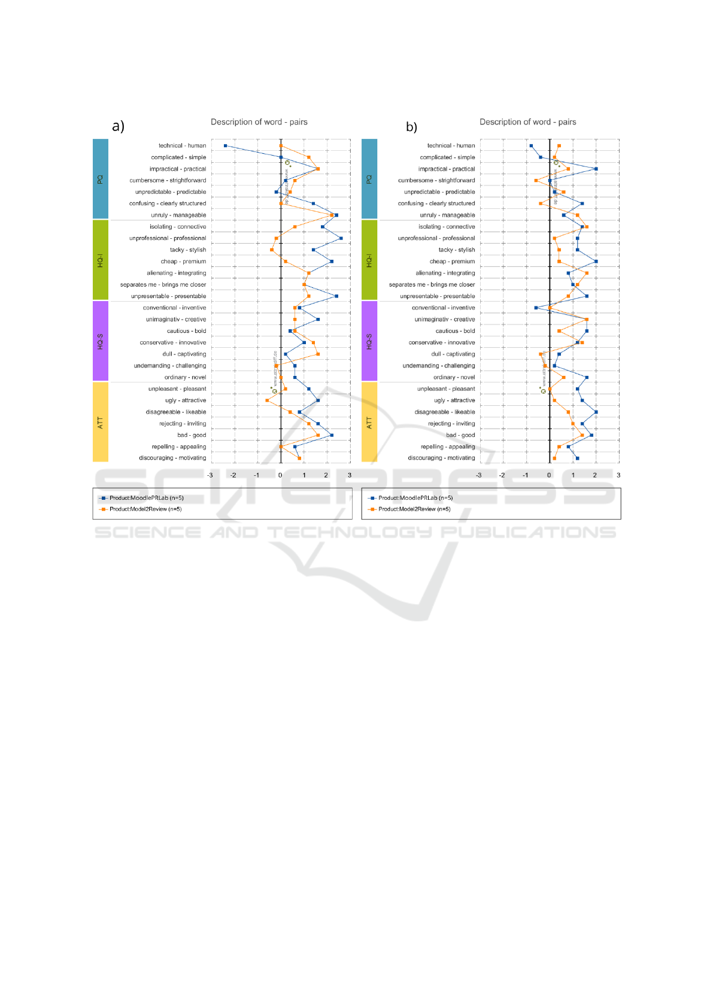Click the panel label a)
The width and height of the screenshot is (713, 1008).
pyautogui.click(x=118, y=126)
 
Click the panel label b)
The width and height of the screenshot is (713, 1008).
pyautogui.click(x=411, y=127)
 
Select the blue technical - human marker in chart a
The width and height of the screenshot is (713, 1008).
pyautogui.click(x=225, y=145)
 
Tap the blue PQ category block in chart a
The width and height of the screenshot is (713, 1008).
pyautogui.click(x=101, y=178)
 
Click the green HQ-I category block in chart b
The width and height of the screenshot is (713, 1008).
pyautogui.click(x=369, y=260)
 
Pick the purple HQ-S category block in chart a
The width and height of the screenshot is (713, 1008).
pyautogui.click(x=101, y=341)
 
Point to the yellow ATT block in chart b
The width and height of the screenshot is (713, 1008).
pyautogui.click(x=369, y=422)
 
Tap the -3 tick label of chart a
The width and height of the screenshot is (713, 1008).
pyautogui.click(x=210, y=475)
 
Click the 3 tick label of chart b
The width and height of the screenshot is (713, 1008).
pyautogui.click(x=618, y=475)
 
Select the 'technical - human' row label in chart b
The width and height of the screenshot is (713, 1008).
pyautogui.click(x=451, y=145)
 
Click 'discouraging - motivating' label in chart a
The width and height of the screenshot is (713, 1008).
pyautogui.click(x=172, y=458)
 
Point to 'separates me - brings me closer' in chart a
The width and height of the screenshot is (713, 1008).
pyautogui.click(x=163, y=285)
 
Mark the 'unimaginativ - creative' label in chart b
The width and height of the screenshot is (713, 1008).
pyautogui.click(x=444, y=320)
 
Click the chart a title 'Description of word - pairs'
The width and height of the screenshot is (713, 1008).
pyautogui.click(x=259, y=122)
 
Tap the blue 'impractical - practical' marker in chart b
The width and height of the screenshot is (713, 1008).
pyautogui.click(x=596, y=169)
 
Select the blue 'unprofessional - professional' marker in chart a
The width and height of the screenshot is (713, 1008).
pyautogui.click(x=341, y=238)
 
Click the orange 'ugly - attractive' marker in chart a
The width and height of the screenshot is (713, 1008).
pyautogui.click(x=267, y=400)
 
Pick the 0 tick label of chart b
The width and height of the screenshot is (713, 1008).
pyautogui.click(x=549, y=475)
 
